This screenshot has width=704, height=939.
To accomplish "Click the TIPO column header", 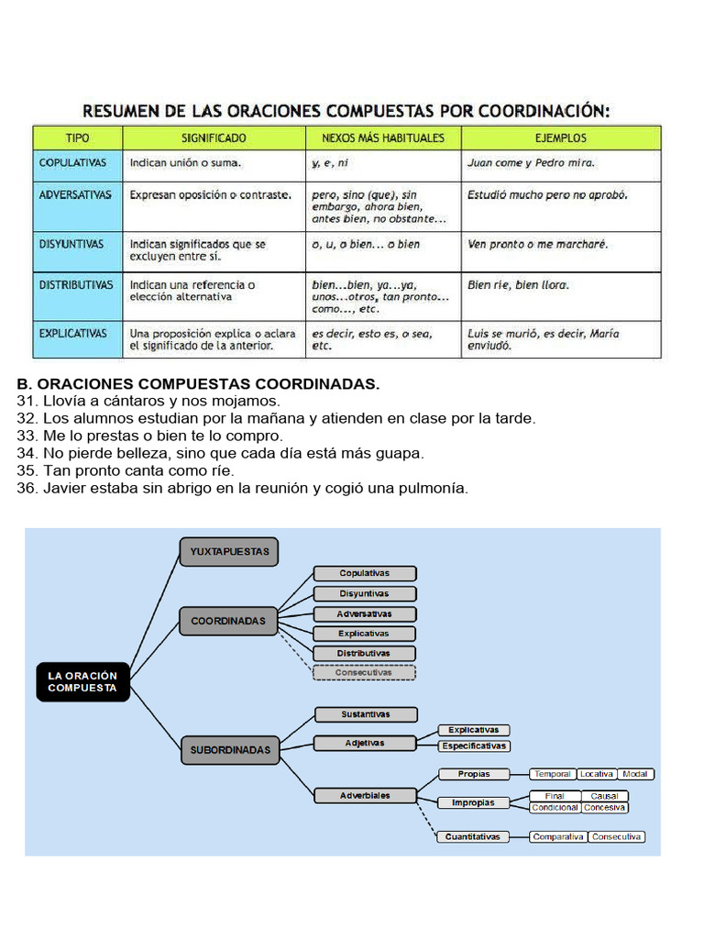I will (x=78, y=138).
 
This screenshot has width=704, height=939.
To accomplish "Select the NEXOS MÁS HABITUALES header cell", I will (x=383, y=138).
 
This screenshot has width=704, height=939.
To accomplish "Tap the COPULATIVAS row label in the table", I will (x=73, y=162).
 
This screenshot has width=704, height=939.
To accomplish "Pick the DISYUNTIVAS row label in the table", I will (x=71, y=245).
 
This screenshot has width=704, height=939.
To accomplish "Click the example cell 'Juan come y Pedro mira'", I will (x=531, y=163).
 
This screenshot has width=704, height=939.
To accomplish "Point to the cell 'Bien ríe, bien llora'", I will (x=518, y=285).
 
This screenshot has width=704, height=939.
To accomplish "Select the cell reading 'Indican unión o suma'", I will (x=186, y=163).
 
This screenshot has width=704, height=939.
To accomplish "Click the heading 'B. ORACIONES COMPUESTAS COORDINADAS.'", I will (x=198, y=383).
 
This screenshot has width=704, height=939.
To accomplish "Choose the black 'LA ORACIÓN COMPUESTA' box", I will (x=82, y=681).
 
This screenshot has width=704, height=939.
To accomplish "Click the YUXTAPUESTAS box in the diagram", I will (x=229, y=551).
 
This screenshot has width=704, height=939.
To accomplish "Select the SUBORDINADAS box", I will (x=230, y=750).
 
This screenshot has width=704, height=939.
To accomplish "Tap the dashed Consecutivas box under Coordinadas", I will (x=364, y=672).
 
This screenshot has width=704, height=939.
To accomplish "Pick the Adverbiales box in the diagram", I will (x=365, y=795).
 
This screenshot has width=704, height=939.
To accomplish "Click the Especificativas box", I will (x=474, y=746).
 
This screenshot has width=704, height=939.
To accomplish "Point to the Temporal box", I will (x=553, y=774).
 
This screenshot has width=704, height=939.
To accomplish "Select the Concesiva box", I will (x=604, y=808).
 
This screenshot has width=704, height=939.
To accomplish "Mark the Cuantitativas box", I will (x=473, y=837).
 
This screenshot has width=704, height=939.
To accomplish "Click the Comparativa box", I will (x=558, y=837).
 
